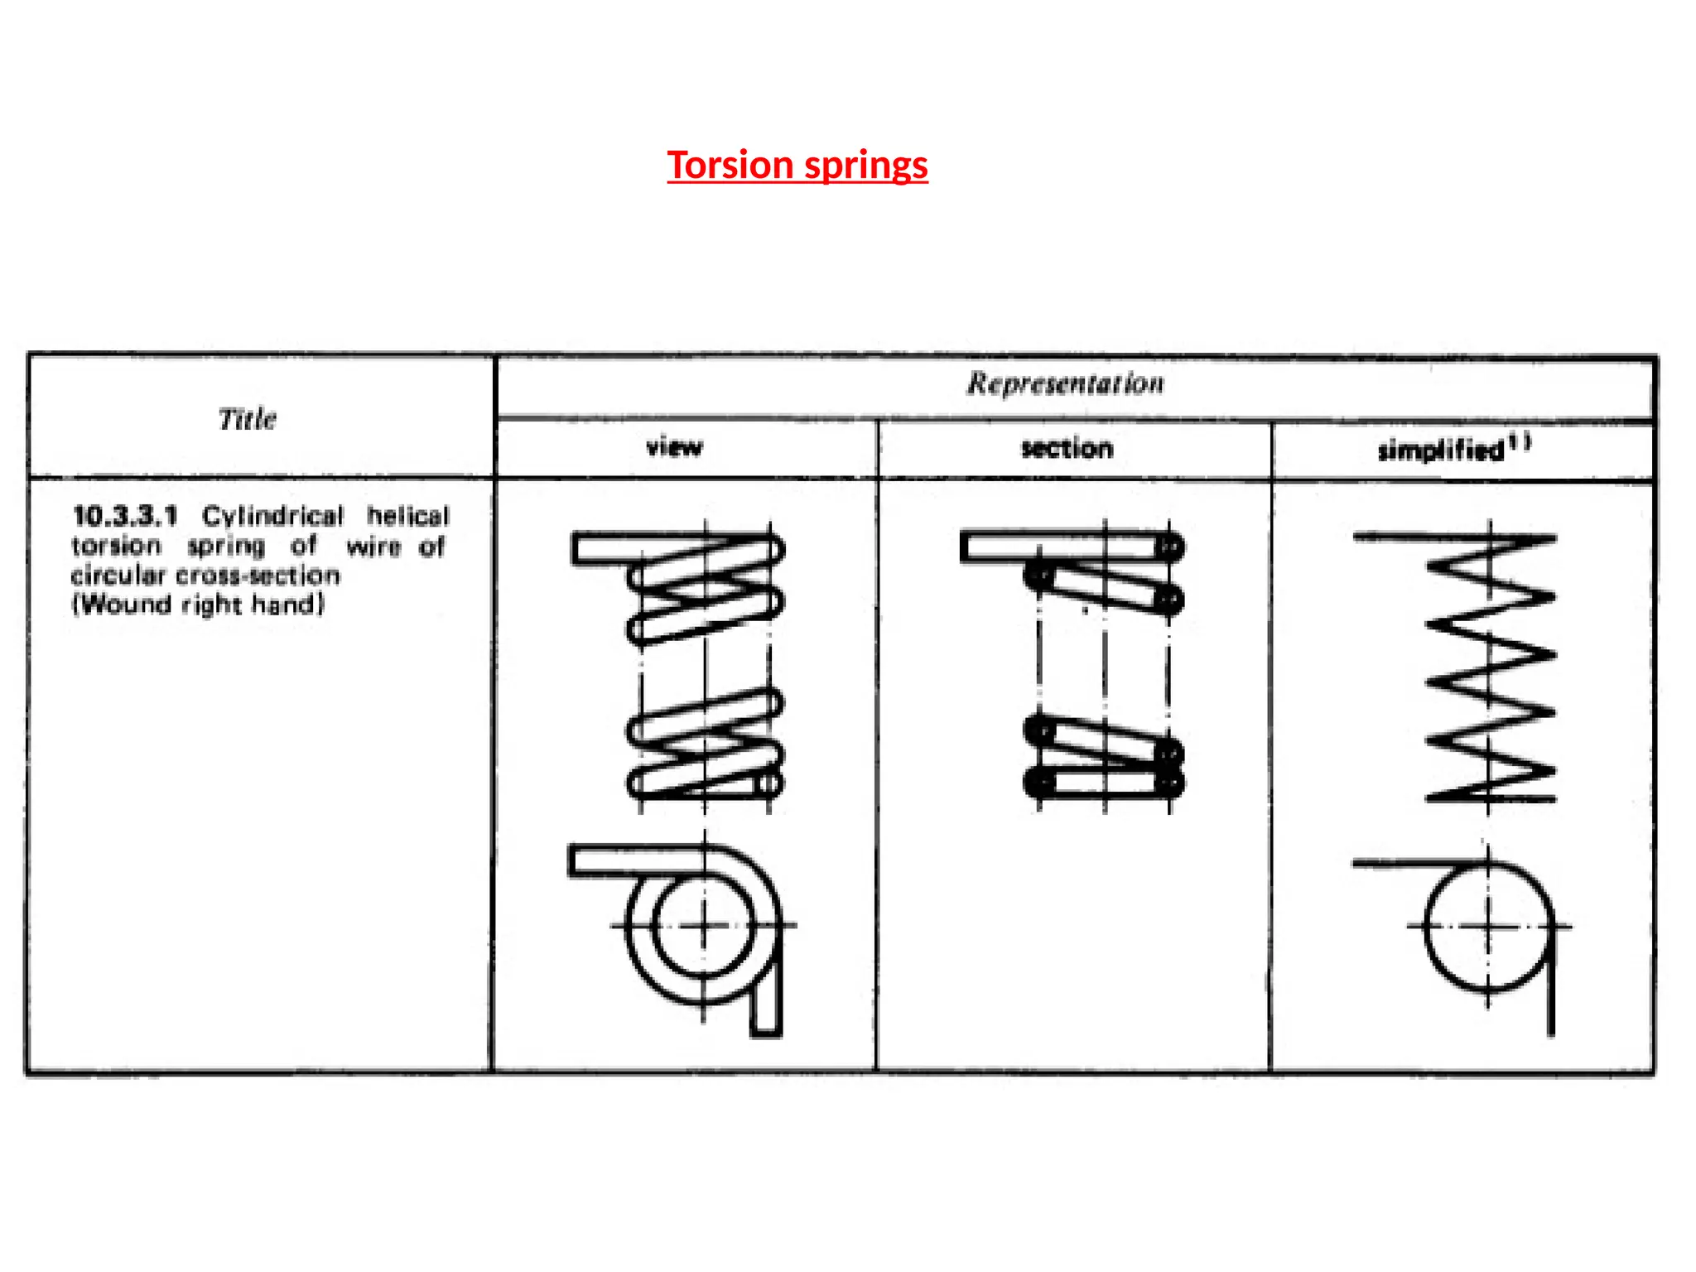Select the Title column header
click(x=247, y=419)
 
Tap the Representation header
click(x=1066, y=383)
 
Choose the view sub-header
click(x=674, y=448)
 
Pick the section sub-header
click(x=1067, y=449)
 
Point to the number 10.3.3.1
click(x=125, y=517)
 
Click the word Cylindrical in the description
click(x=272, y=517)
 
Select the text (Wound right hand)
click(x=198, y=605)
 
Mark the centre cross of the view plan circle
click(x=704, y=926)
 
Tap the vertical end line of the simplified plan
click(x=1550, y=994)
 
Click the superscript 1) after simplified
click(x=1520, y=443)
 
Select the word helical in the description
click(x=407, y=517)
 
